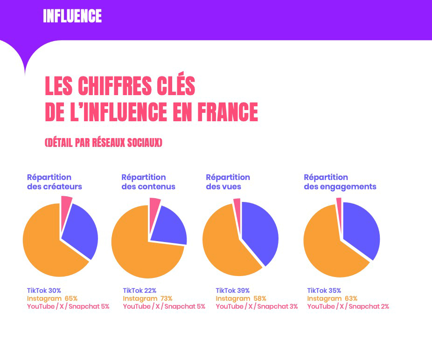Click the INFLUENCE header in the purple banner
pyautogui.click(x=72, y=16)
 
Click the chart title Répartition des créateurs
pyautogui.click(x=54, y=182)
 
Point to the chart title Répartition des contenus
pyautogui.click(x=148, y=182)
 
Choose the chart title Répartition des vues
pyautogui.click(x=228, y=182)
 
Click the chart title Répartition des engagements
pyautogui.click(x=340, y=182)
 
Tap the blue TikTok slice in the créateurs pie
pyautogui.click(x=80, y=231)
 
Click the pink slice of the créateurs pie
pyautogui.click(x=66, y=205)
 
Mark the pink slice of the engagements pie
pyautogui.click(x=339, y=203)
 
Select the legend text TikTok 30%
pyautogui.click(x=44, y=291)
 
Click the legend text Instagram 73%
pyautogui.click(x=147, y=298)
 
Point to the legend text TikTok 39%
pyautogui.click(x=232, y=291)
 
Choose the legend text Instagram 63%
pyautogui.click(x=332, y=298)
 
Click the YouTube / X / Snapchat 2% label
pyautogui.click(x=348, y=306)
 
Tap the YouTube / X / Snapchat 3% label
pyautogui.click(x=257, y=306)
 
